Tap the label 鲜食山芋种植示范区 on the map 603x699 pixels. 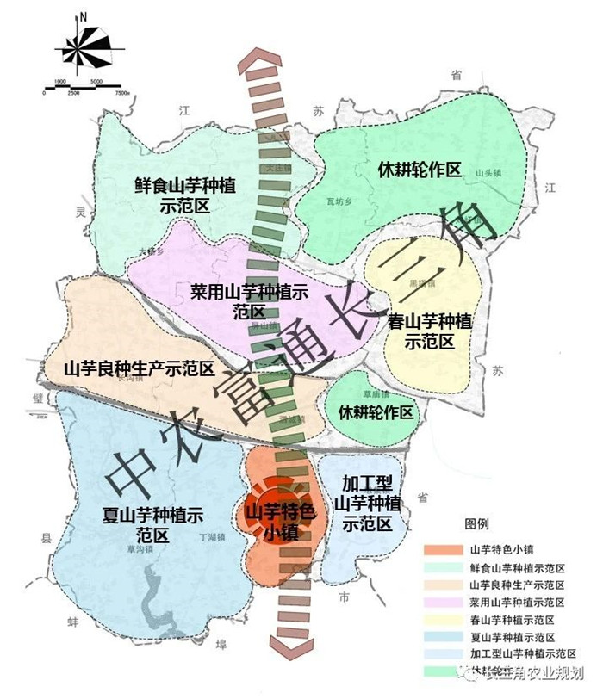pyautogui.click(x=186, y=195)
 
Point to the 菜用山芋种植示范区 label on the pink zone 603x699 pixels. pyautogui.click(x=248, y=301)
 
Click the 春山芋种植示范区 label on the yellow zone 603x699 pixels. pyautogui.click(x=430, y=331)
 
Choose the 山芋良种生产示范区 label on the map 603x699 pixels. pyautogui.click(x=139, y=369)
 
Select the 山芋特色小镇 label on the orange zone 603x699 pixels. pyautogui.click(x=281, y=522)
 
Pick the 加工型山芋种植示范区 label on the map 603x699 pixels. pyautogui.click(x=369, y=503)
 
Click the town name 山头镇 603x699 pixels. pyautogui.click(x=488, y=172)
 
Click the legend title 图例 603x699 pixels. pyautogui.click(x=476, y=524)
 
